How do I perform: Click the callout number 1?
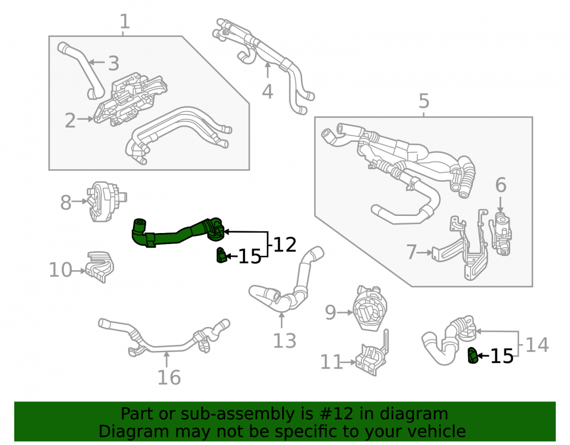pos(124,22)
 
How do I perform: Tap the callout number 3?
pos(113,63)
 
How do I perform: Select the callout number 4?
pos(267,92)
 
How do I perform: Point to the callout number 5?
pos(424,101)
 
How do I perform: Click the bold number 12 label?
pos(284,244)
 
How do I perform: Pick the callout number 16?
pos(169,377)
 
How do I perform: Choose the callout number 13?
pos(284,341)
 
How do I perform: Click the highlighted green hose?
pos(178,233)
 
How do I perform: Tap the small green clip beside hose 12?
pos(221,255)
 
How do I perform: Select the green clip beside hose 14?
pos(472,356)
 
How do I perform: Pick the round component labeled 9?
pos(370,308)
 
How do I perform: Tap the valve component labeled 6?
pos(501,234)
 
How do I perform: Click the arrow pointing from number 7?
pos(426,252)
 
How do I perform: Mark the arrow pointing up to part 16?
pos(166,360)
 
